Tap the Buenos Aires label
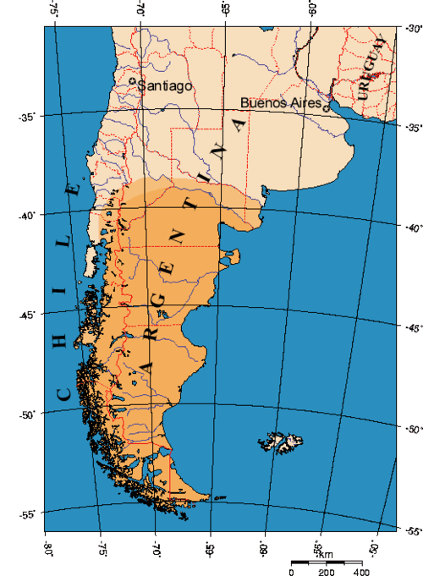(281, 102)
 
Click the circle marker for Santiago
(137, 82)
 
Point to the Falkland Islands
(281, 441)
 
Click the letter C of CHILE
(63, 393)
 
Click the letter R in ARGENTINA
(151, 315)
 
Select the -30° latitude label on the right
(412, 28)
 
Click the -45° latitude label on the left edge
(25, 315)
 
